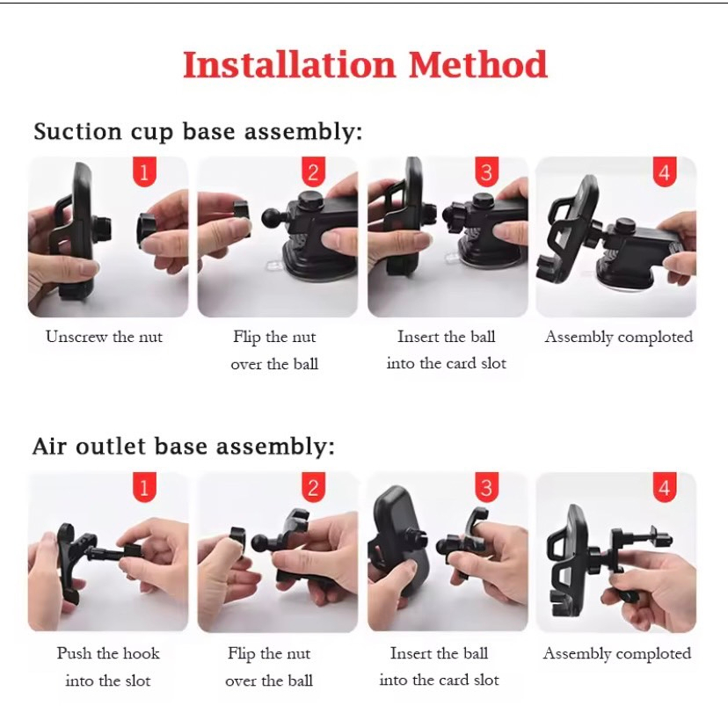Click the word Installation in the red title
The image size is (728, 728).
(289, 64)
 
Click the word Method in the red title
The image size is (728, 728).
(477, 64)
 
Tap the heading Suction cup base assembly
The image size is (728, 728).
(198, 131)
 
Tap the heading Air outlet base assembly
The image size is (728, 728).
(184, 447)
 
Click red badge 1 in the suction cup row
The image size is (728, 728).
(144, 172)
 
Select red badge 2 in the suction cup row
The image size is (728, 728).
(313, 172)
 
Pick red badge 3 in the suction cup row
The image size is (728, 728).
(486, 172)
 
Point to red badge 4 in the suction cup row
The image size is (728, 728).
(665, 172)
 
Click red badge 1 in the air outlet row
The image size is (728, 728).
(144, 488)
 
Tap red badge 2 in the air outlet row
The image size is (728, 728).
(313, 488)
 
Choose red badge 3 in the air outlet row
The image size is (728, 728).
(486, 488)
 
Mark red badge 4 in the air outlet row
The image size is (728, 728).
(665, 488)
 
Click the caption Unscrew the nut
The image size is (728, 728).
(105, 337)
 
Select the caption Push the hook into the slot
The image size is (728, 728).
(108, 666)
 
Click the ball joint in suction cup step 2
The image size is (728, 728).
(273, 218)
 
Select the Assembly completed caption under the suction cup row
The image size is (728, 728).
(618, 337)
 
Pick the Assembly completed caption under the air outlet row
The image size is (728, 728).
(617, 654)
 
